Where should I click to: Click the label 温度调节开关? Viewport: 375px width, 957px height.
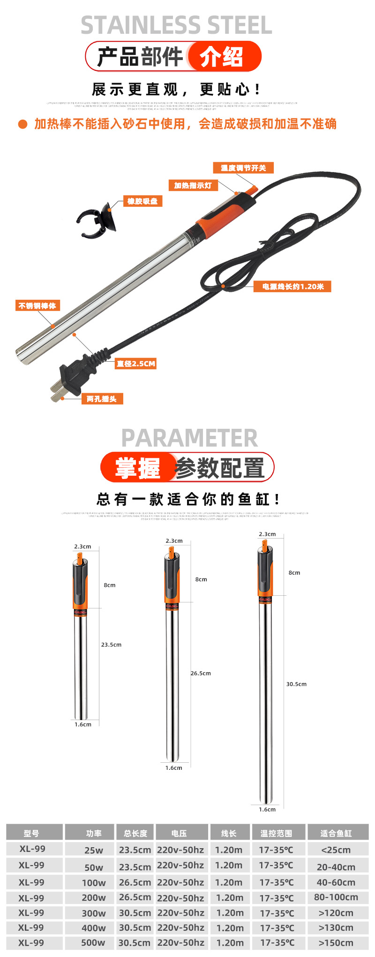click(243, 168)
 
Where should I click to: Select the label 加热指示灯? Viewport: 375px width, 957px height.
click(193, 185)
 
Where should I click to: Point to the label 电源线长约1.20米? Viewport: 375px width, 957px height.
click(292, 287)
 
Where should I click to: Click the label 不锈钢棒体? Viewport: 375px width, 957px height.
click(37, 306)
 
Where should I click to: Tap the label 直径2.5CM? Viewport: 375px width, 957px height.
click(136, 364)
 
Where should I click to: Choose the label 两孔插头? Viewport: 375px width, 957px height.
click(102, 399)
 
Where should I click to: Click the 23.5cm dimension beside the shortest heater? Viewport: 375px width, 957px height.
click(111, 645)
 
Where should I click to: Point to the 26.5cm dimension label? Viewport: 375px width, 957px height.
click(201, 673)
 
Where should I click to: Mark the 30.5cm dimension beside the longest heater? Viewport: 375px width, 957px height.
click(296, 684)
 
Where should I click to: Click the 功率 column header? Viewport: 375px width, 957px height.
click(94, 833)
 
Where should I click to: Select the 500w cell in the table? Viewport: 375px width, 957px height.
click(93, 943)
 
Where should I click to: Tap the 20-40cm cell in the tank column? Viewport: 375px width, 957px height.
click(336, 867)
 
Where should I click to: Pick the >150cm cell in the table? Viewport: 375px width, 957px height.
click(336, 943)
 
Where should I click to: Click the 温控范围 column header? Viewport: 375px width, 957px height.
click(277, 833)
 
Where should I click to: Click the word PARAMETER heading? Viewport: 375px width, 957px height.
click(189, 438)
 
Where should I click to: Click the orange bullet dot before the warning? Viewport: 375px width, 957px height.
click(22, 124)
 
